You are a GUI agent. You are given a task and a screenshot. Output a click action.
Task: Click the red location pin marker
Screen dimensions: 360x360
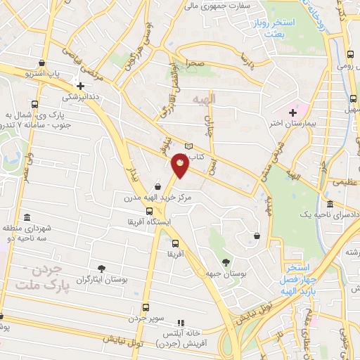coord(181,164)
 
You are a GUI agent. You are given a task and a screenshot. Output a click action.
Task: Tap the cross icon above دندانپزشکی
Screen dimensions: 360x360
coord(81,86)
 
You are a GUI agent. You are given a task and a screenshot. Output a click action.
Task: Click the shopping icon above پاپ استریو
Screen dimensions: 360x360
coord(44,63)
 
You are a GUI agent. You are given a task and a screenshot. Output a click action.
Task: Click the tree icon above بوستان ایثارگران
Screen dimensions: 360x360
coord(102,268)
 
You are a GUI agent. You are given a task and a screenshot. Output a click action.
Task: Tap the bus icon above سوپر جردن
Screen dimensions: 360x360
coord(146,307)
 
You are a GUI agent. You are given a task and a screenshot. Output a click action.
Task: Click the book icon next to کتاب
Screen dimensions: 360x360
coord(188,146)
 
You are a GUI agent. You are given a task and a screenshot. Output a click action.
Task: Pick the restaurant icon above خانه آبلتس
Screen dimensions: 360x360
coord(181,321)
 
